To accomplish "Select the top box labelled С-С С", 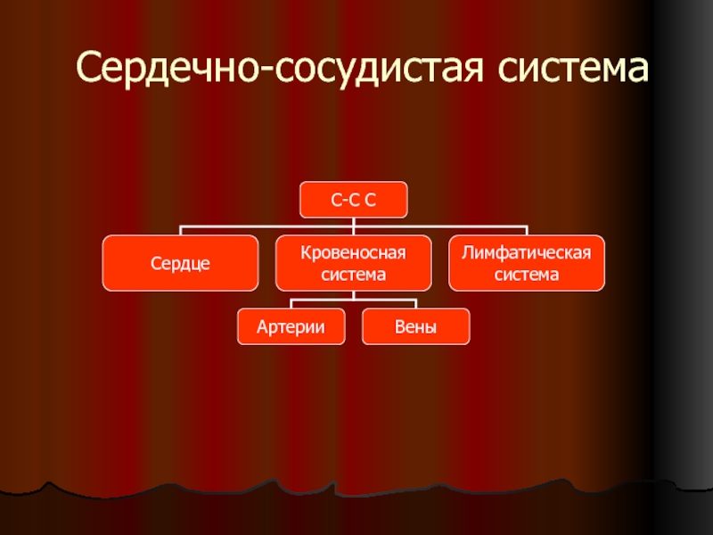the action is point(353,200).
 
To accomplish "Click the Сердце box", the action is point(180,264).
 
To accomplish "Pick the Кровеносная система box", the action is point(353,264).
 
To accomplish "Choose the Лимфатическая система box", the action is point(527,264).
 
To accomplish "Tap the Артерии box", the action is point(291,327).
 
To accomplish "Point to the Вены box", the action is point(415,327).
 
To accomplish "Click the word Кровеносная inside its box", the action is point(353,254).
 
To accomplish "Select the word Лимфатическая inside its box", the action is point(527,254).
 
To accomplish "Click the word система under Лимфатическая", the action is point(527,275).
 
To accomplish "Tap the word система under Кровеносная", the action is point(353,275).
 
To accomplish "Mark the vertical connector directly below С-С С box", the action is point(353,222).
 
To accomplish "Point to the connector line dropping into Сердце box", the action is point(180,231).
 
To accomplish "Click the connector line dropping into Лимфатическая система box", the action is point(527,231).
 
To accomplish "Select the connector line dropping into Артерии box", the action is point(291,303).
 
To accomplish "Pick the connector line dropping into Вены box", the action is point(415,303).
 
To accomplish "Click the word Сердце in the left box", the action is point(180,264).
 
